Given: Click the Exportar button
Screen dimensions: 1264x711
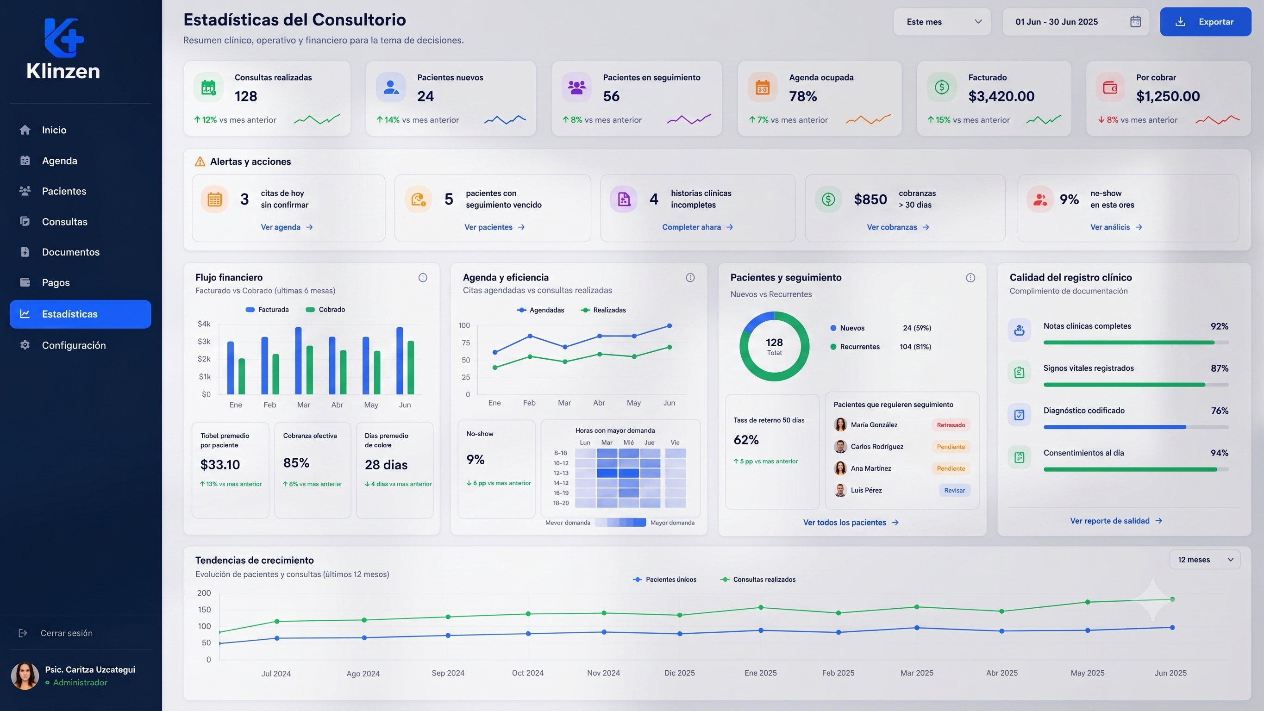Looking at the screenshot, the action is pos(1205,22).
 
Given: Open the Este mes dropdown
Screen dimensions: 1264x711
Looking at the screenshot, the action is pos(942,22).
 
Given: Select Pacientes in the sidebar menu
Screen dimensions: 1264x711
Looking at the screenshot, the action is pos(64,191).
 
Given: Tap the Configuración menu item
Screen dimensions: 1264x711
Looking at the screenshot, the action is pos(74,345).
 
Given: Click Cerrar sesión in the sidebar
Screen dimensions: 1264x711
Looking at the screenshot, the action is pos(66,633).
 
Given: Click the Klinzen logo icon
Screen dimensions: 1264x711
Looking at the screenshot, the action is pos(64,38).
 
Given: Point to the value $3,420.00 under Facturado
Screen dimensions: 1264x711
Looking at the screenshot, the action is pos(1001,96).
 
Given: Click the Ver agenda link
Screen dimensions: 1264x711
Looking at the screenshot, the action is pos(287,227).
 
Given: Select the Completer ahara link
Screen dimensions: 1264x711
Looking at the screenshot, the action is pos(697,227).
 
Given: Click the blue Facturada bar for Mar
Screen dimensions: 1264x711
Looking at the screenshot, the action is pos(298,361).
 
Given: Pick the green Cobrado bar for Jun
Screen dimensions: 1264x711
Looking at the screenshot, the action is pos(411,368).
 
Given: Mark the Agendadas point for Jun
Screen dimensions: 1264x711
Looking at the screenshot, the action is pos(670,326).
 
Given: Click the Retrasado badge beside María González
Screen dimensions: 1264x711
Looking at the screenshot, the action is pos(951,425).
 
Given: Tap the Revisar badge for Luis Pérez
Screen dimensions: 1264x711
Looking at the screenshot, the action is pos(954,490).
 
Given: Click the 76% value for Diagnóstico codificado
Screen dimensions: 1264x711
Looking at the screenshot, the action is pos(1220,411).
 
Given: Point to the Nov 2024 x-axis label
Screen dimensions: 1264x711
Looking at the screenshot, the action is pos(604,673).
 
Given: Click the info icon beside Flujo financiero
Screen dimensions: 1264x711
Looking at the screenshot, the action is pos(422,278).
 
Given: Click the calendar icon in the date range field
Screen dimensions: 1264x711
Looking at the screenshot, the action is pos(1135,22).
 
